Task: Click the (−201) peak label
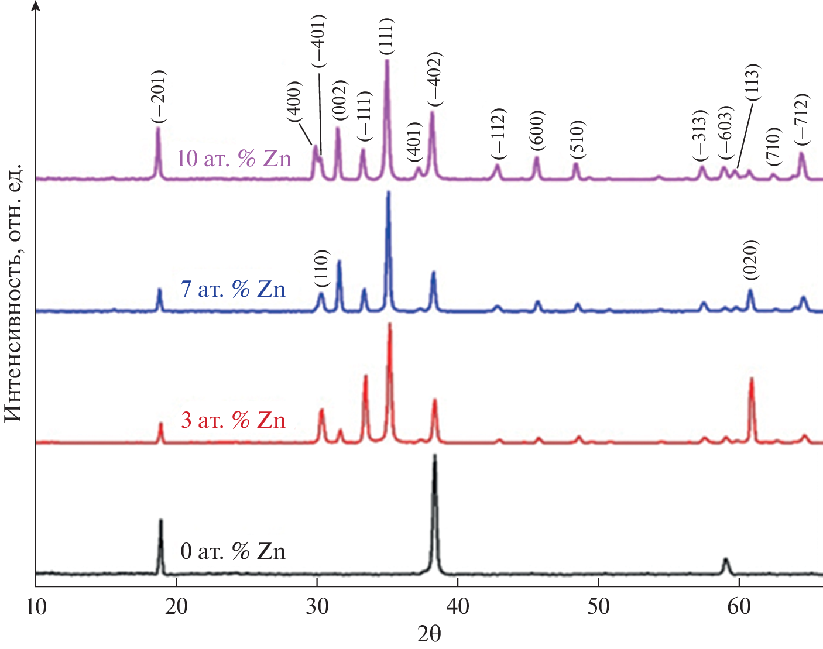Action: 158,97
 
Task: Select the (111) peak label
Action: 386,36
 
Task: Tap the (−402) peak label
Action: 434,79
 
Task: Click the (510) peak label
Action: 577,139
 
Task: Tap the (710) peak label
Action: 773,146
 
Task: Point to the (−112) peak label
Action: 498,133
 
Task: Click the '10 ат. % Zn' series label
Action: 234,159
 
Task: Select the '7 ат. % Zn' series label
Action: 233,289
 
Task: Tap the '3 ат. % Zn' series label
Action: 233,420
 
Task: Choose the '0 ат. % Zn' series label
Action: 233,551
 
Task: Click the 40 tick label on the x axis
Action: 457,607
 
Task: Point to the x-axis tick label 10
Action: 36,607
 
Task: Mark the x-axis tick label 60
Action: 739,607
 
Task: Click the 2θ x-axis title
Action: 429,634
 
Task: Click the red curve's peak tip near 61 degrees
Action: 751,379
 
